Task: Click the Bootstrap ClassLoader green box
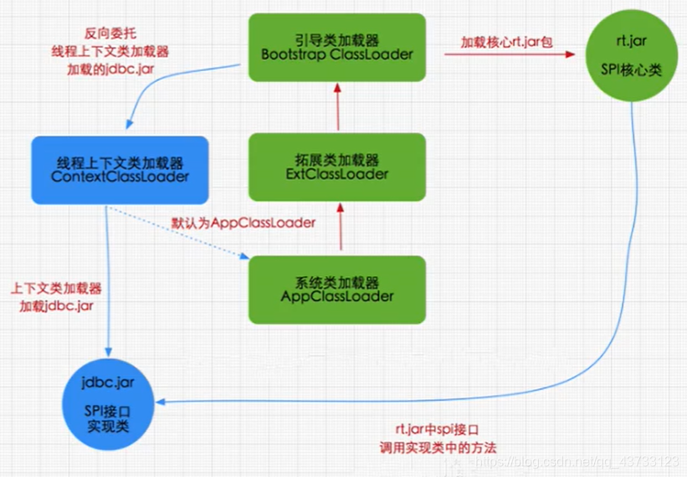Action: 338,48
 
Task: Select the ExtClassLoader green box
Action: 338,167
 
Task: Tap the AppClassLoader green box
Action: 338,289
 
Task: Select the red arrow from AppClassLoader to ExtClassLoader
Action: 339,228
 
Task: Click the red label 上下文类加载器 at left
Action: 56,289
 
